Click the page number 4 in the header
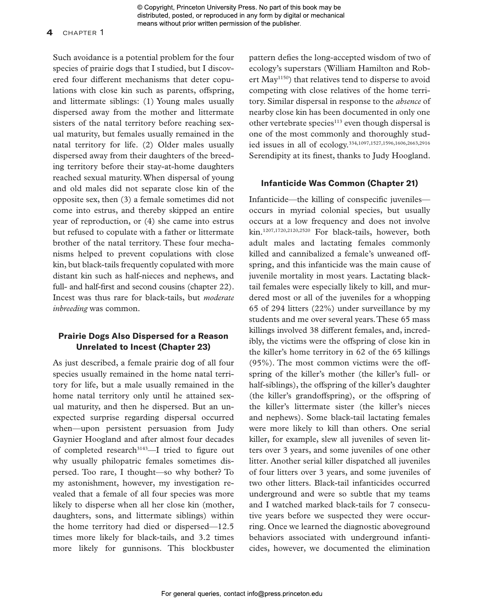click(x=50, y=33)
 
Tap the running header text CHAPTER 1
click(x=83, y=33)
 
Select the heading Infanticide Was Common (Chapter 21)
click(x=339, y=183)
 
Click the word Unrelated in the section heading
click(x=96, y=347)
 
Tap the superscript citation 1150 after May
click(x=283, y=78)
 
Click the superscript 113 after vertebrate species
click(x=338, y=121)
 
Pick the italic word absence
click(x=408, y=101)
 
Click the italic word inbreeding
click(x=70, y=309)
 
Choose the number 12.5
click(x=226, y=527)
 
